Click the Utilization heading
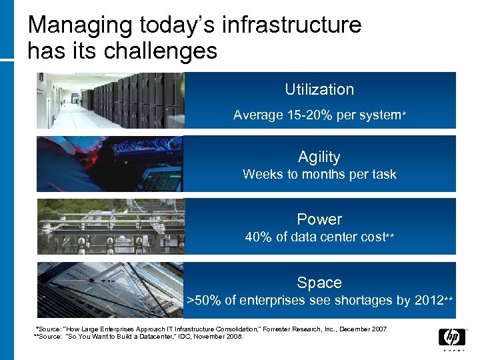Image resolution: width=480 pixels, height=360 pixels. pyautogui.click(x=319, y=89)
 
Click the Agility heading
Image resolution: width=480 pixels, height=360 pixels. pyautogui.click(x=319, y=157)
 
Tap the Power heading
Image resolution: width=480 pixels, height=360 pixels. pyautogui.click(x=319, y=219)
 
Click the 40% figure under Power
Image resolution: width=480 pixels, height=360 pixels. pyautogui.click(x=258, y=237)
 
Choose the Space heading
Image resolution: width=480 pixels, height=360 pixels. pyautogui.click(x=319, y=283)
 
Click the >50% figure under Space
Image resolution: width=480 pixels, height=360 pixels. pyautogui.click(x=201, y=301)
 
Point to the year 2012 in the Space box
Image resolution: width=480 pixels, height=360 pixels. pyautogui.click(x=428, y=301)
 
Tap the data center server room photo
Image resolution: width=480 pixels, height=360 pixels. pyautogui.click(x=110, y=100)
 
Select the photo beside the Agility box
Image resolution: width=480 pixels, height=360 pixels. pyautogui.click(x=110, y=164)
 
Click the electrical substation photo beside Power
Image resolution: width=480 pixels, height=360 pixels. pyautogui.click(x=110, y=227)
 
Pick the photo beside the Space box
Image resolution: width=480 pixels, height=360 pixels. pyautogui.click(x=110, y=289)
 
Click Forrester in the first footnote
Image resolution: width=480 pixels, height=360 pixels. pyautogui.click(x=303, y=329)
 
